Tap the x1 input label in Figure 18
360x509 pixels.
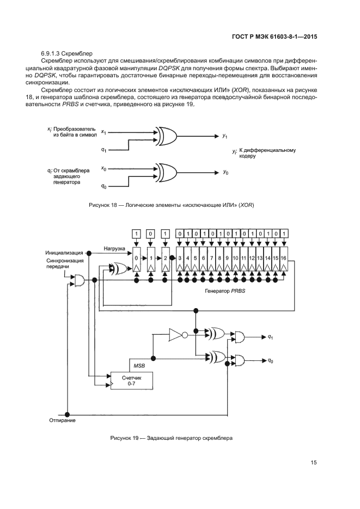point(104,132)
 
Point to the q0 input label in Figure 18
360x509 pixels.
point(104,186)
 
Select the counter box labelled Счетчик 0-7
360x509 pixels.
point(131,381)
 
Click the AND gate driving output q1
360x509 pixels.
point(240,338)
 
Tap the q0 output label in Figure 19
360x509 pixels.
point(270,360)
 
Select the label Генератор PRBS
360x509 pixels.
point(225,292)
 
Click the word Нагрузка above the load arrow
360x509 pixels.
point(115,248)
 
